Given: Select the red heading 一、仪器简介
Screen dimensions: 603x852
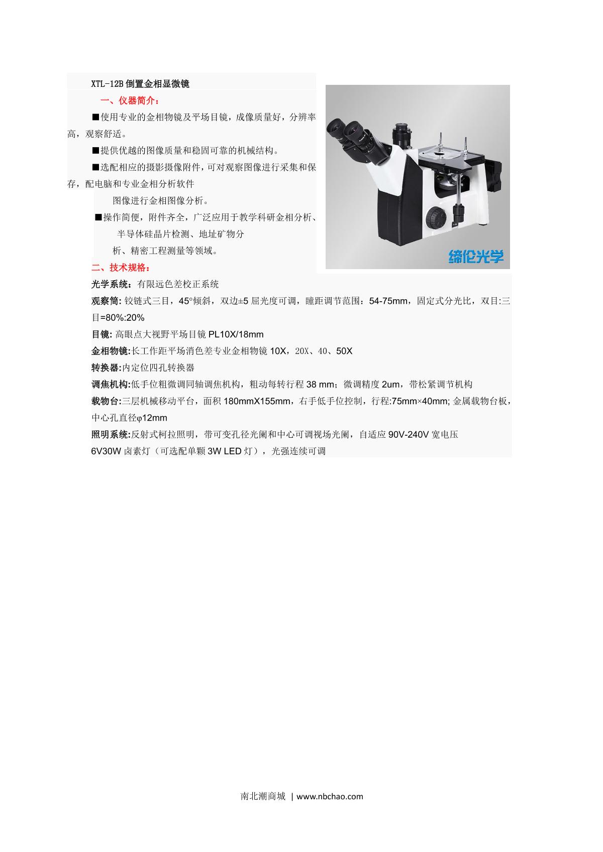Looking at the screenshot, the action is [x=130, y=100].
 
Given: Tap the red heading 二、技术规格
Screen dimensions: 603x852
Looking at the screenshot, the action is [x=120, y=268].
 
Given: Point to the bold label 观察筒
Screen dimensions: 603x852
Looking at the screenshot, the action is [x=106, y=301].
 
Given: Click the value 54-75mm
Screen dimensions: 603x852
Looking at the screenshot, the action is [x=387, y=301].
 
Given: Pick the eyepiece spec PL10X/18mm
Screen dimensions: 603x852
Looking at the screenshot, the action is [x=236, y=334].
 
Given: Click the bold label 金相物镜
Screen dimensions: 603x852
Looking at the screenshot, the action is [x=111, y=351].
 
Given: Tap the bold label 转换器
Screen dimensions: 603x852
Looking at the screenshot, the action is [x=106, y=368].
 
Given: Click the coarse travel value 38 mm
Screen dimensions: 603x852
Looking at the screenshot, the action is [x=320, y=385].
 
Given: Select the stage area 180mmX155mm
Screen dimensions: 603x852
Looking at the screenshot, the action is [x=257, y=401].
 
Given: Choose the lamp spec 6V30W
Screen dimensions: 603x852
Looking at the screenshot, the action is [x=106, y=451].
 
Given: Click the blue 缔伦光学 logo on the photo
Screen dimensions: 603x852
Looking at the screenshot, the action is [x=475, y=257].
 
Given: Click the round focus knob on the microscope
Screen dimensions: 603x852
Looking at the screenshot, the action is [x=436, y=217].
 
